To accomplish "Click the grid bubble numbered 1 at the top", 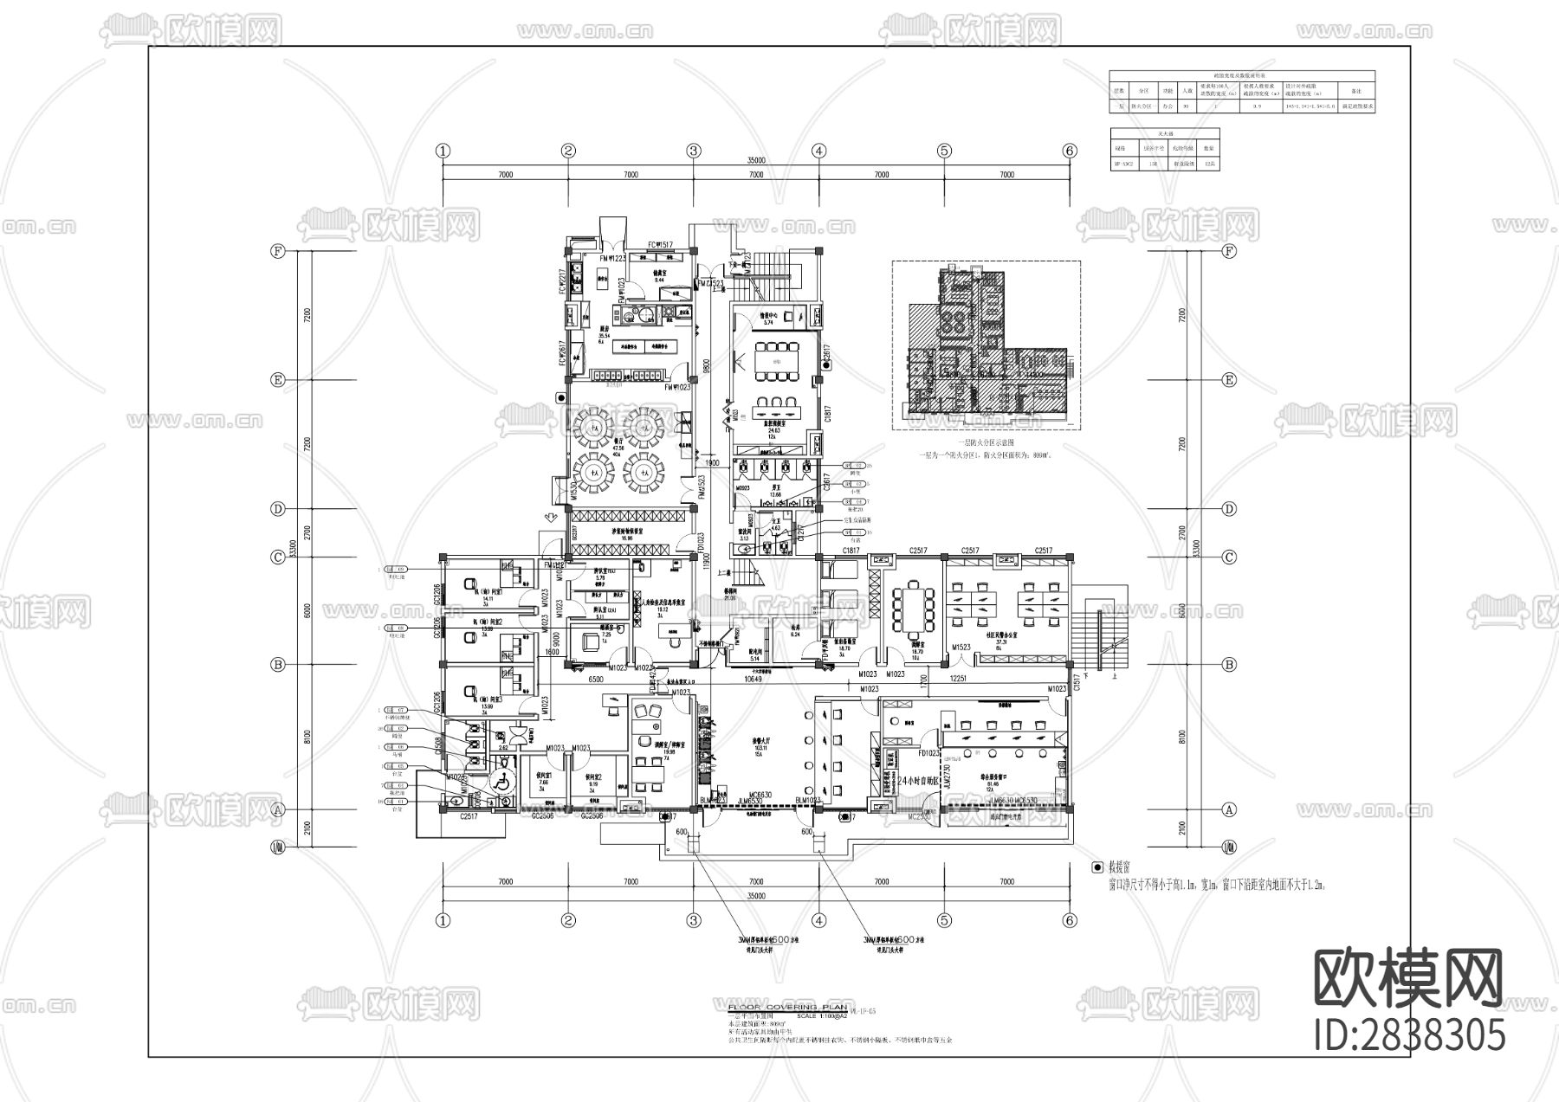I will pos(443,151).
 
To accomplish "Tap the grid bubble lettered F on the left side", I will pos(278,252).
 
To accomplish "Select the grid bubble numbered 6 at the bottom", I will pos(1070,921).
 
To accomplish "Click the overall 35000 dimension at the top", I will pos(756,161).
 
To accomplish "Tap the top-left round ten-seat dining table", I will pos(592,424).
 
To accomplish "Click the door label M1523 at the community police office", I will pos(961,648).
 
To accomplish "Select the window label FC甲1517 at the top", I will pos(661,245).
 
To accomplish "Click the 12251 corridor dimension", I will pos(957,679).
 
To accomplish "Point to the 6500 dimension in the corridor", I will pos(596,680).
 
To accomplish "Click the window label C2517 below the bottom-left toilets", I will pos(469,816).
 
